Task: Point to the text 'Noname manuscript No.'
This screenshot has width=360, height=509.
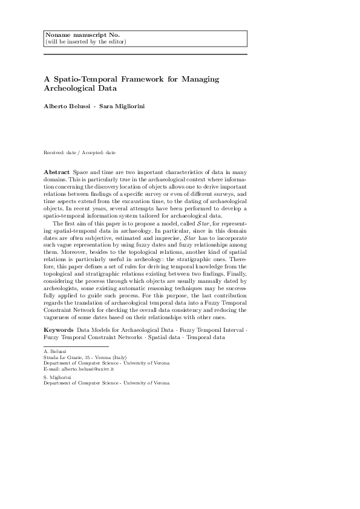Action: pyautogui.click(x=74, y=35)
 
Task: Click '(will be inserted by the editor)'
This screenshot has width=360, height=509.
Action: pyautogui.click(x=85, y=42)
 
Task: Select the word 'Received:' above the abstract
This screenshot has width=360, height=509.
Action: pyautogui.click(x=56, y=152)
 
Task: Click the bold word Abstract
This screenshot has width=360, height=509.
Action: pyautogui.click(x=57, y=173)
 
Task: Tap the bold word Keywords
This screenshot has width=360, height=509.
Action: pyautogui.click(x=59, y=329)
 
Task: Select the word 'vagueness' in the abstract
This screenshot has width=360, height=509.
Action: pyautogui.click(x=62, y=317)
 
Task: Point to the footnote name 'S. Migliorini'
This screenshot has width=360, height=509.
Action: pyautogui.click(x=58, y=377)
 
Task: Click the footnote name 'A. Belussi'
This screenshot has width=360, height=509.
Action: pyautogui.click(x=56, y=351)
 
